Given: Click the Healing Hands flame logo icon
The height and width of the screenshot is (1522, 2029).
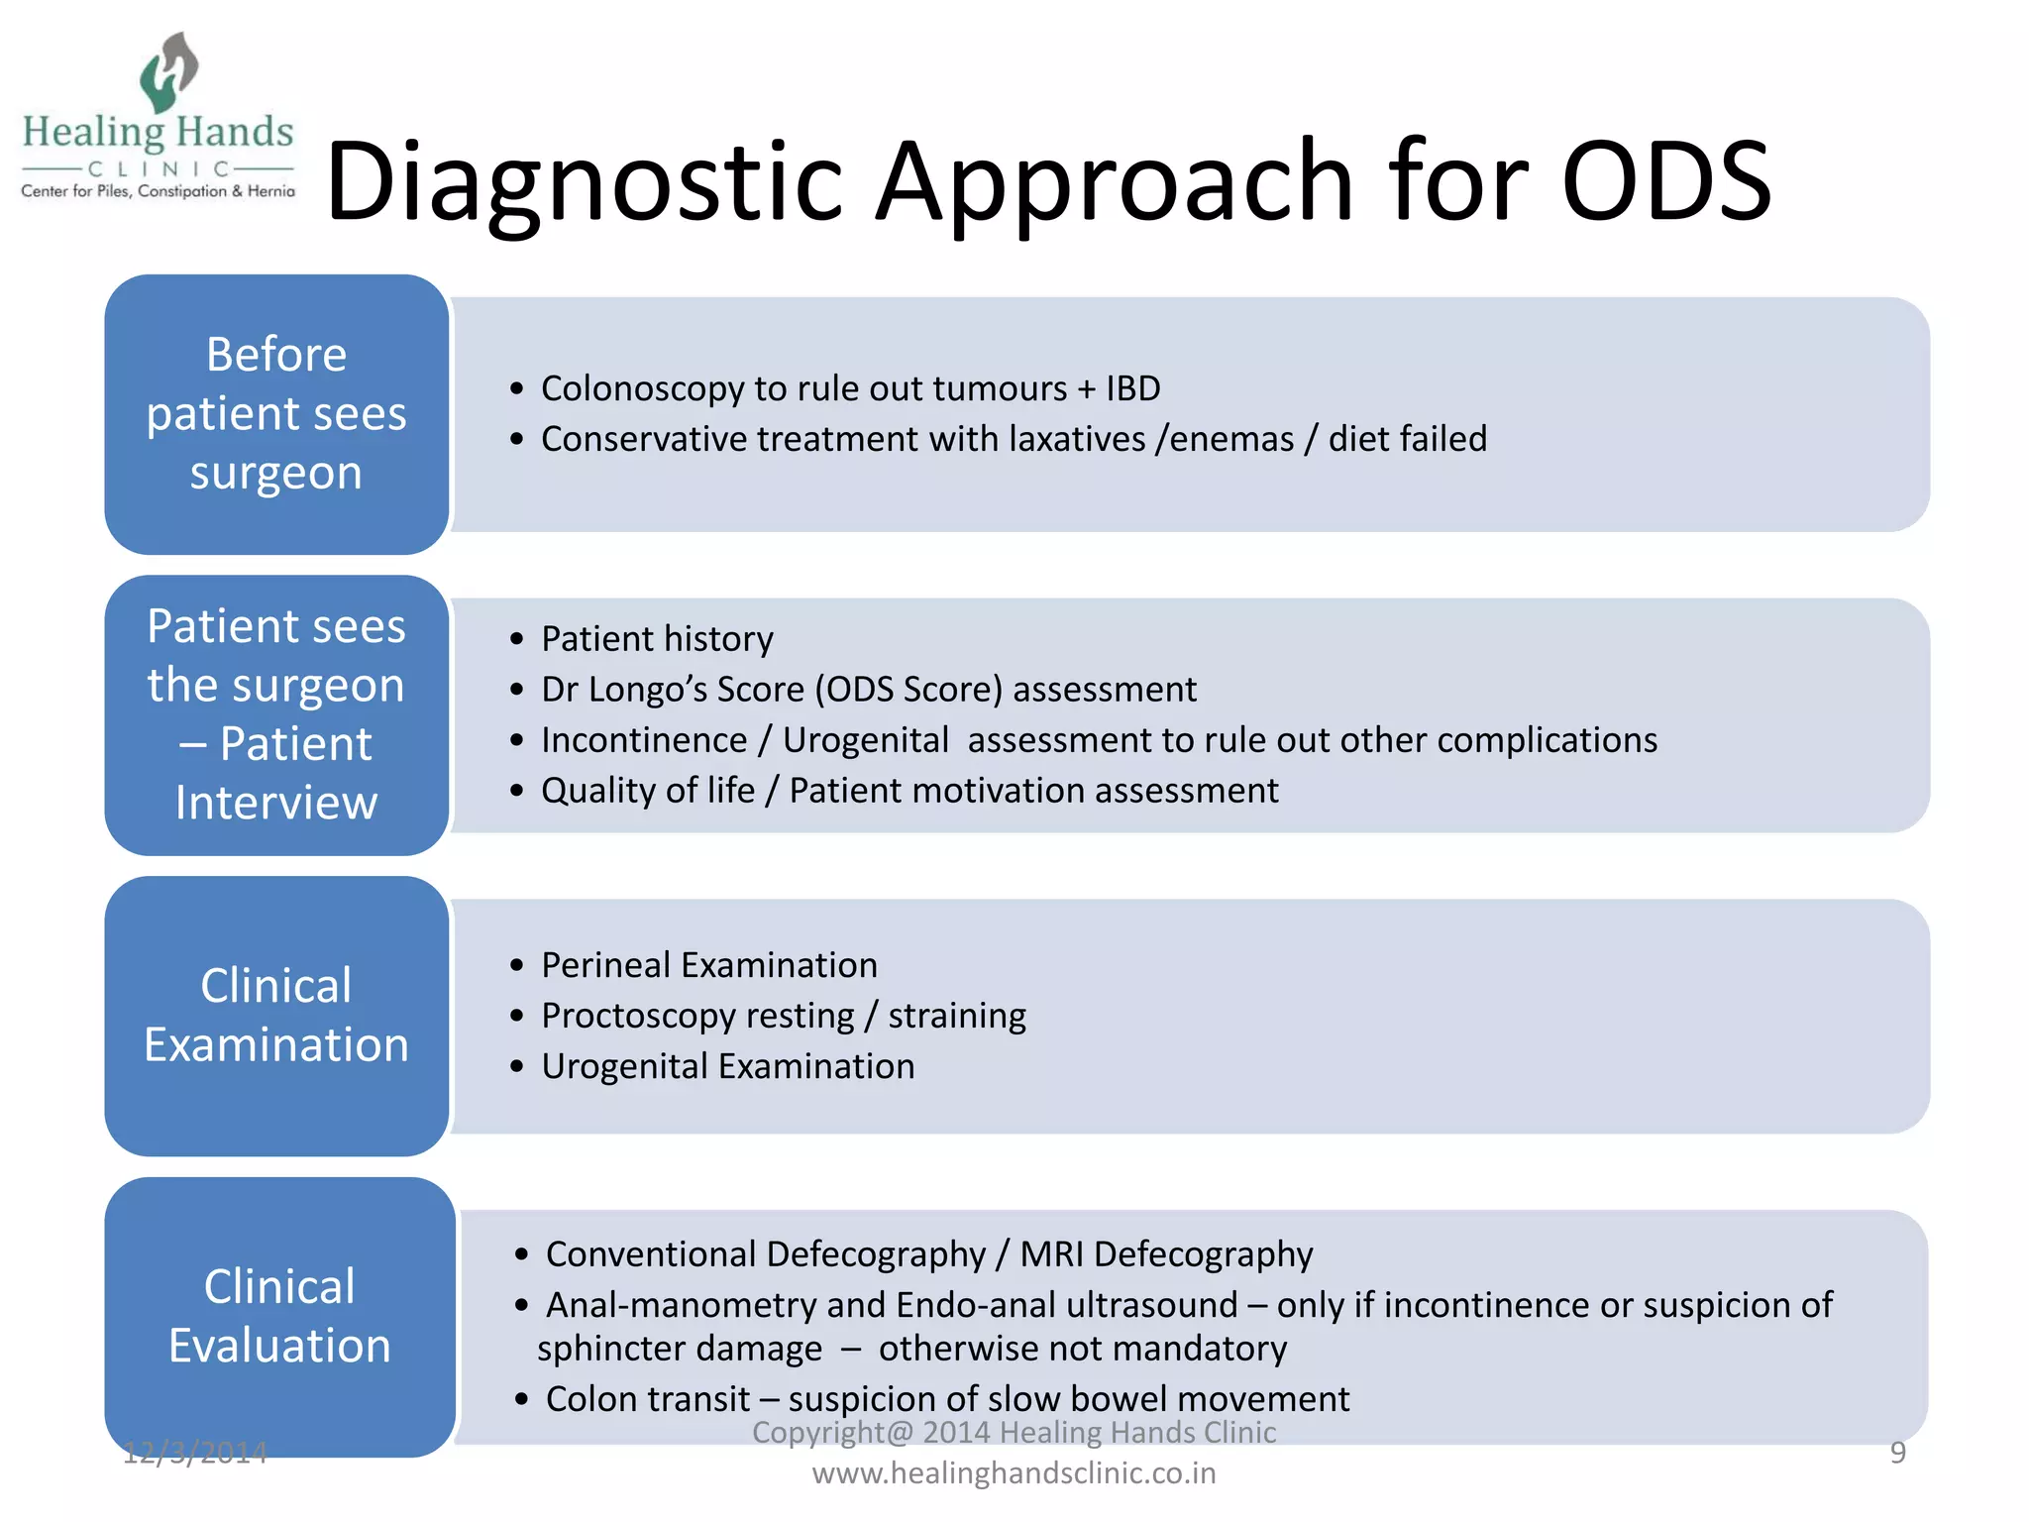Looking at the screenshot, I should (x=167, y=71).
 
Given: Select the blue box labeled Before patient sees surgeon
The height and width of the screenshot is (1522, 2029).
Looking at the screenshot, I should (x=276, y=414).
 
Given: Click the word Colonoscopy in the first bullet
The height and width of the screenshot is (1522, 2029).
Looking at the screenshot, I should (x=642, y=389).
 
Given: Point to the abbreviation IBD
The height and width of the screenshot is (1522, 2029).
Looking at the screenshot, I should (x=1132, y=388).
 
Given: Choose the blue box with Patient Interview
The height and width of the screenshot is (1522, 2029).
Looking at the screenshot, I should (x=276, y=714).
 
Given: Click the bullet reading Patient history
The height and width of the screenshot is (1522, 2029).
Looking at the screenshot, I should (x=657, y=639).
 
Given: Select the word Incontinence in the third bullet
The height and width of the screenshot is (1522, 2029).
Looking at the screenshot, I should (x=644, y=740).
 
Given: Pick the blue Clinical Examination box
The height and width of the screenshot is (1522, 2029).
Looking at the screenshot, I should (x=276, y=1016).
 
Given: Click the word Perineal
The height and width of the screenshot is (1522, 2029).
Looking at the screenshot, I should (x=605, y=965).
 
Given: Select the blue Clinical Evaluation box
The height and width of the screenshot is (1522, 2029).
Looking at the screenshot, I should (x=279, y=1317).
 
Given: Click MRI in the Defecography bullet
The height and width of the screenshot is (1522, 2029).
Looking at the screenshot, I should (x=1052, y=1254).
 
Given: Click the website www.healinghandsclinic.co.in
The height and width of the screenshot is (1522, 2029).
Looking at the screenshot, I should (x=1014, y=1473).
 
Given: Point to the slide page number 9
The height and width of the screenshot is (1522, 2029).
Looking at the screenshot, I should (x=1897, y=1453).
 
